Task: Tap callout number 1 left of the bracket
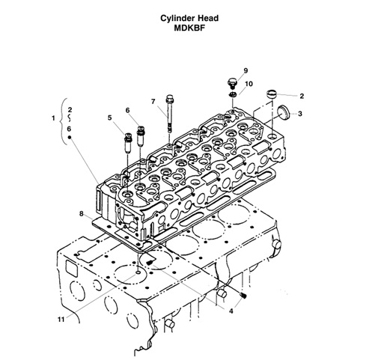coord(52,118)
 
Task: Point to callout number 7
coord(153,101)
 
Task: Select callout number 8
coord(81,214)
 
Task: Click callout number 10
coord(249,84)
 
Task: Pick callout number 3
coord(300,114)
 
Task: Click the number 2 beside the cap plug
coord(301,96)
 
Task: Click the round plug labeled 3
coord(283,112)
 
